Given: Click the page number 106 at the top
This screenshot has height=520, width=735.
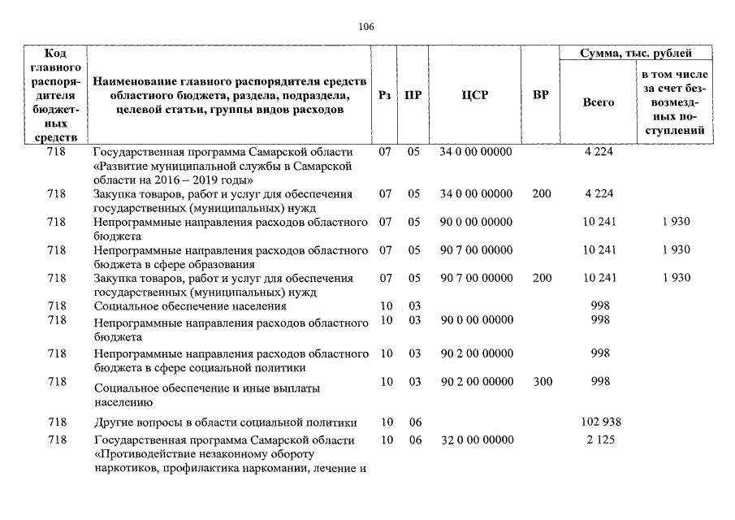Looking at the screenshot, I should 366,26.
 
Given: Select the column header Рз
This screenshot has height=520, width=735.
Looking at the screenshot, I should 385,95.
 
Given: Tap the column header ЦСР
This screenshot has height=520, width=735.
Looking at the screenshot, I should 474,95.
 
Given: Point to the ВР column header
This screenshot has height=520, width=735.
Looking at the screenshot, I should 540,95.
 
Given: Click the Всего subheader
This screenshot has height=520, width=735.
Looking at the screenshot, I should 599,102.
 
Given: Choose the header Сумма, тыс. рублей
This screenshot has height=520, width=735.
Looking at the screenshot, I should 636,54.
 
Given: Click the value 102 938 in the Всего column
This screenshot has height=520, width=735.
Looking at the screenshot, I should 600,422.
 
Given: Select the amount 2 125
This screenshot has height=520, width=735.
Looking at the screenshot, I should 600,440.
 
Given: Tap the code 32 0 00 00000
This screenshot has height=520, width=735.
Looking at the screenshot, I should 476,440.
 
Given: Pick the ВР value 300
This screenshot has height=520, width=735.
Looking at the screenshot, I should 542,381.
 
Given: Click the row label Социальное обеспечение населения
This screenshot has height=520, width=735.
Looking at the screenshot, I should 190,306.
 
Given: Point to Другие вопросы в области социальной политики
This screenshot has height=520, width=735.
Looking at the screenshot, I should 225,422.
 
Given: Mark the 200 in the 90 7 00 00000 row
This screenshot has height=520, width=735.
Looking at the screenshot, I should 542,278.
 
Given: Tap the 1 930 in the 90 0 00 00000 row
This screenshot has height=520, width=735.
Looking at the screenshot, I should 676,221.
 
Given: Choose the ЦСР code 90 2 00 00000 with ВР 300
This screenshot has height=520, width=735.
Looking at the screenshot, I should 476,381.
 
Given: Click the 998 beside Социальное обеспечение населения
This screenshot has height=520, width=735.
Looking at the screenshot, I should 600,305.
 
